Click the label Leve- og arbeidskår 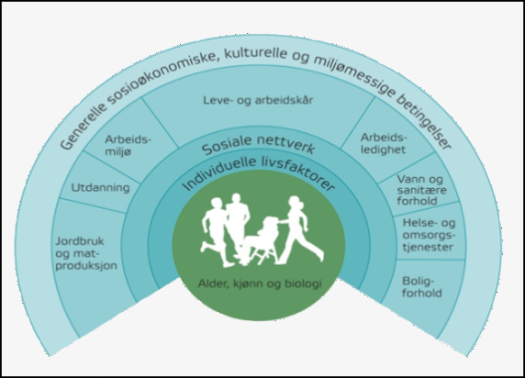258,100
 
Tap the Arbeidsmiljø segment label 128,145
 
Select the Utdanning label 100,187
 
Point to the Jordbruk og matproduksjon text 86,253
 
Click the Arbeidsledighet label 384,143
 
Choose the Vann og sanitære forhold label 422,190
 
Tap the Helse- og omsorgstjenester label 429,235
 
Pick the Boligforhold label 422,287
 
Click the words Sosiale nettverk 258,145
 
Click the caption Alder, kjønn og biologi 260,283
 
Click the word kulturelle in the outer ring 255,53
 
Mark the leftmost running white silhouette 215,232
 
